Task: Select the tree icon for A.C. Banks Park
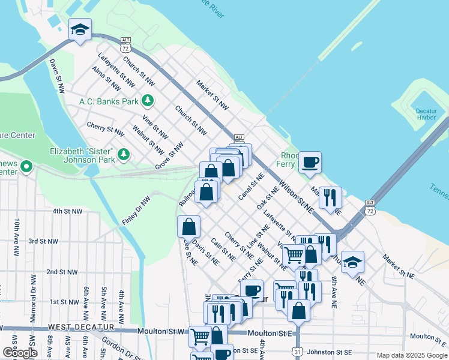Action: click(x=147, y=101)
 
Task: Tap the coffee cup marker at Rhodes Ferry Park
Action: click(x=310, y=162)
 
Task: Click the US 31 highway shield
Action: click(x=299, y=350)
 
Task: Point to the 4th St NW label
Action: click(x=67, y=211)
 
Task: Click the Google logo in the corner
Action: click(x=19, y=353)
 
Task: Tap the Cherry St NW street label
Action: click(x=105, y=128)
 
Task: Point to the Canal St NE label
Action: click(x=252, y=187)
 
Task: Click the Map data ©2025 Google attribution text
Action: click(x=412, y=355)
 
